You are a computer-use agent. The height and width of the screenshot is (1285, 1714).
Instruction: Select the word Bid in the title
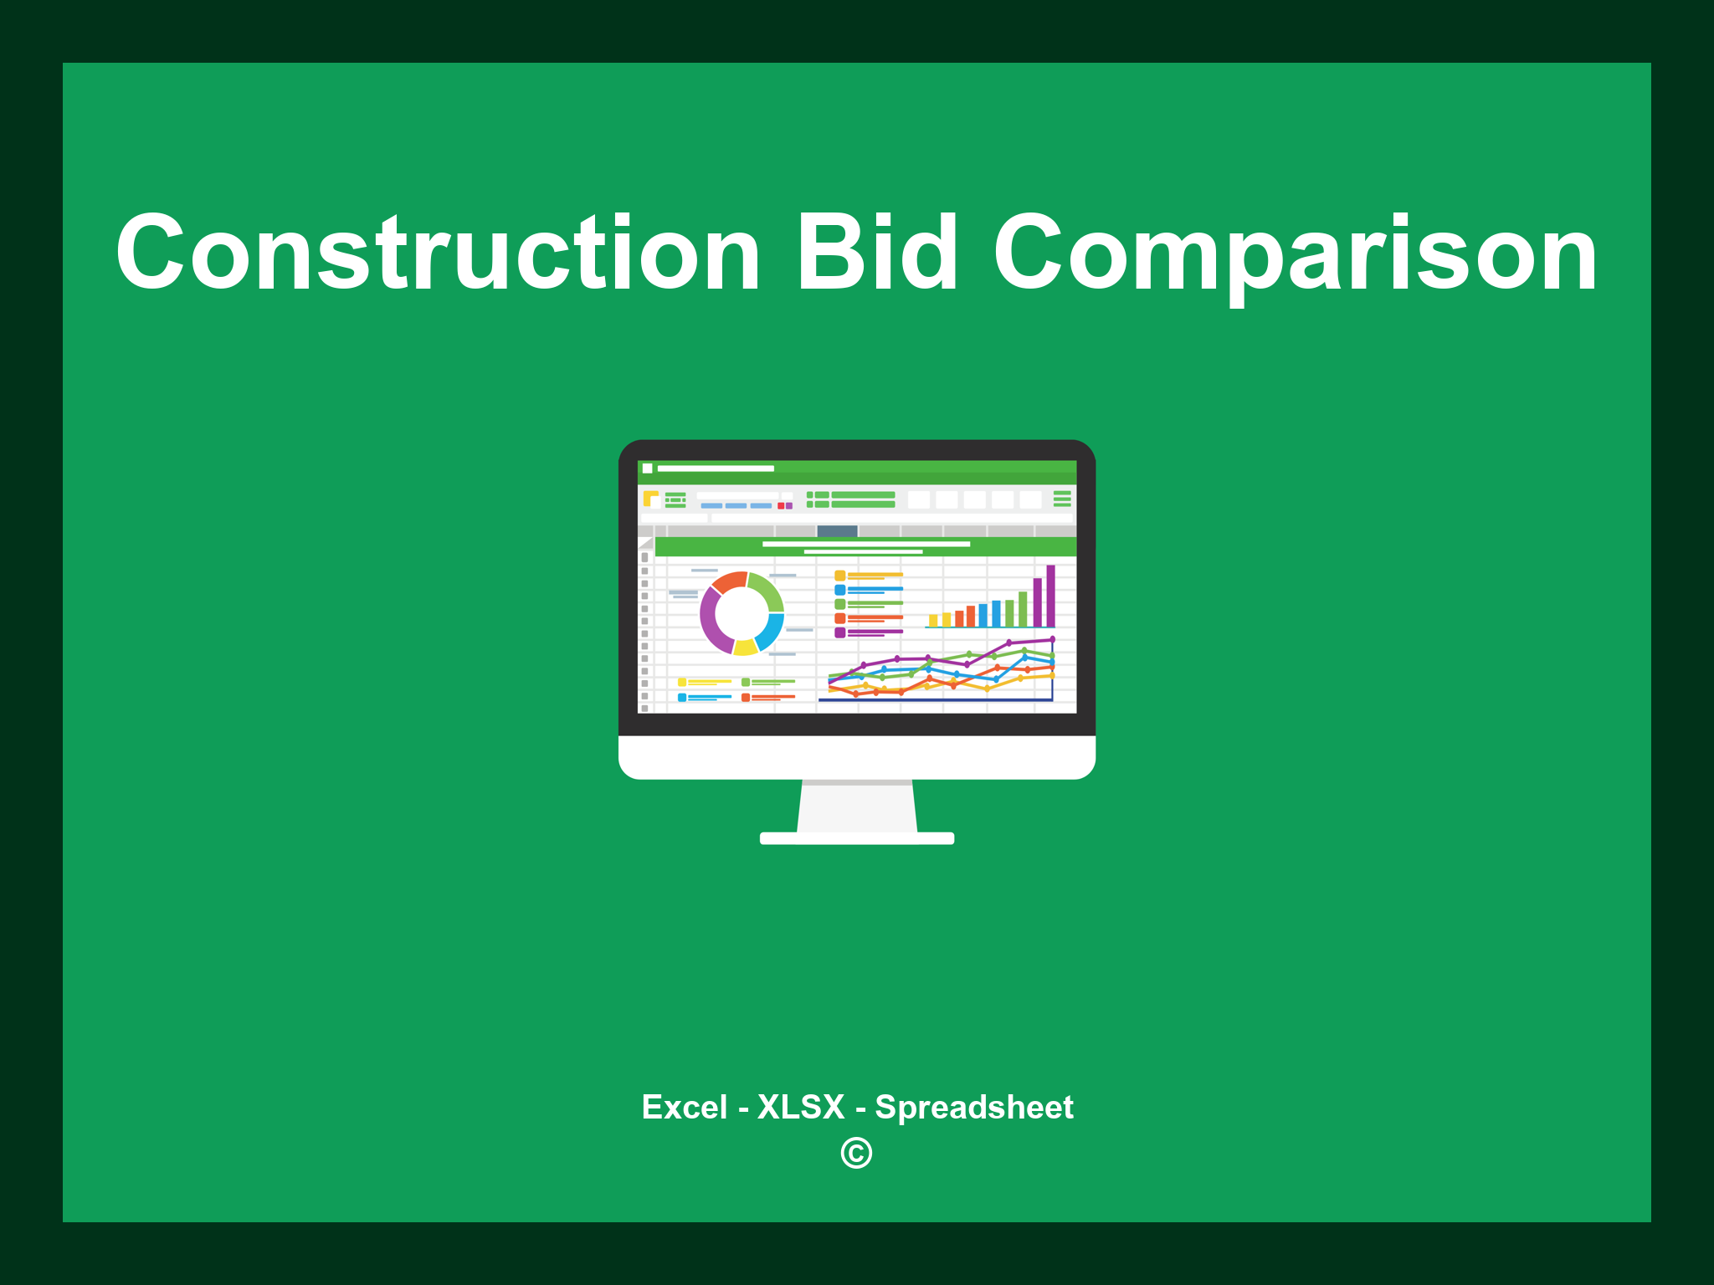click(x=877, y=253)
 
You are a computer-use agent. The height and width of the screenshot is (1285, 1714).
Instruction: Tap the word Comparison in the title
click(x=1296, y=254)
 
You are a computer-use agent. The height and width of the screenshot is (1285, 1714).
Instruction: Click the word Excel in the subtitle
click(x=684, y=1107)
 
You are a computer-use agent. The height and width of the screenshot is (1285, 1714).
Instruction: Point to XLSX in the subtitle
click(x=801, y=1107)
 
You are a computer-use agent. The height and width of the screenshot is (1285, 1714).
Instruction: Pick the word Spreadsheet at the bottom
click(x=973, y=1107)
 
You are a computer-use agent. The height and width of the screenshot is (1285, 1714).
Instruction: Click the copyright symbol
click(x=856, y=1153)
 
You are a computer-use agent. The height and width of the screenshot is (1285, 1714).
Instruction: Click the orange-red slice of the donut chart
click(x=729, y=581)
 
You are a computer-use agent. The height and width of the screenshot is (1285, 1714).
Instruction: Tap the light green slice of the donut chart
click(x=767, y=589)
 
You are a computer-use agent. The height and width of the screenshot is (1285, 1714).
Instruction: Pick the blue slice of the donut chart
click(x=770, y=631)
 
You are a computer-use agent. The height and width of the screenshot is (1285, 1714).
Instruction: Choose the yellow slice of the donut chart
click(x=745, y=647)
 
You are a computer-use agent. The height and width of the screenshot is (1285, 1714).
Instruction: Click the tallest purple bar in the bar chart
click(x=1050, y=596)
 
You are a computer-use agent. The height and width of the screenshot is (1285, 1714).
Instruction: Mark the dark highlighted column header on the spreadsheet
click(x=837, y=530)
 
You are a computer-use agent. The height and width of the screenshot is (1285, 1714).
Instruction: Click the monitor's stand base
click(x=856, y=838)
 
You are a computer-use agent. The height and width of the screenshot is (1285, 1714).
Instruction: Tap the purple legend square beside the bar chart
click(x=839, y=632)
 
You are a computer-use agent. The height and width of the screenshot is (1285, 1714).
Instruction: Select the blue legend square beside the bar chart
click(x=839, y=590)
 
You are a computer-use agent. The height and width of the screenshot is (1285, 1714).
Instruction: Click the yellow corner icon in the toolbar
click(x=650, y=499)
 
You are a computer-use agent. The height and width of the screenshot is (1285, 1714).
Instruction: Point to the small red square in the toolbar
click(x=781, y=505)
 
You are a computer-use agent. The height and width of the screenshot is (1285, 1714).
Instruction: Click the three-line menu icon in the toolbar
click(x=1062, y=499)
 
